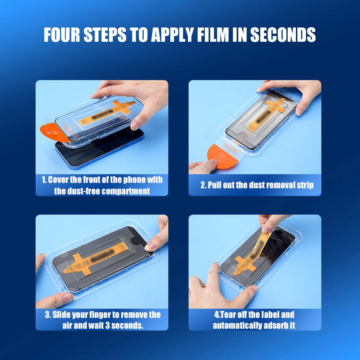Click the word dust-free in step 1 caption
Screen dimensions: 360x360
pyautogui.click(x=84, y=191)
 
